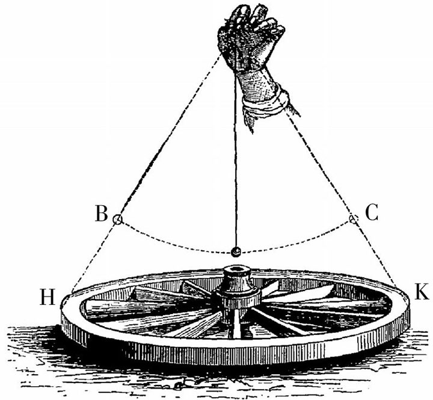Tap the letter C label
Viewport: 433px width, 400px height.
point(372,213)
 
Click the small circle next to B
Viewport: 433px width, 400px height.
point(118,220)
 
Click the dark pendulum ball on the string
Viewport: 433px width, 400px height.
point(236,251)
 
